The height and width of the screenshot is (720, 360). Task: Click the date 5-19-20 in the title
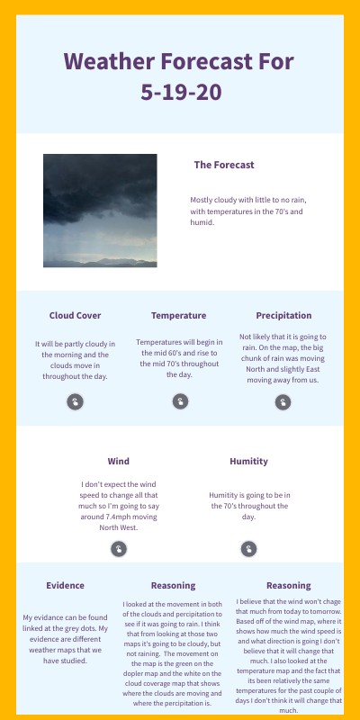click(180, 92)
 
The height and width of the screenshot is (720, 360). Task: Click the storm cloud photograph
click(100, 211)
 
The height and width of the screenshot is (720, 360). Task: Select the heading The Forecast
click(224, 165)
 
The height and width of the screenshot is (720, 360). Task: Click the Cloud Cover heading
click(75, 316)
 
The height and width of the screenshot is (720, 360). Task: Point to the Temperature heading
click(178, 316)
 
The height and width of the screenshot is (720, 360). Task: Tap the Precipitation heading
click(283, 316)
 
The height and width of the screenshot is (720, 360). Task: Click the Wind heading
click(118, 462)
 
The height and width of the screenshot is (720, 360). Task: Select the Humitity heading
click(248, 462)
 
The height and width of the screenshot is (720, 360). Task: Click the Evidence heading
click(65, 586)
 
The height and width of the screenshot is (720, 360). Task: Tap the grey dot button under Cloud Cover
click(75, 402)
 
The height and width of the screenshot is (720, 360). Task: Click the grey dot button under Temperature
click(179, 401)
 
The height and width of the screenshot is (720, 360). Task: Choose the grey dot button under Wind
click(118, 549)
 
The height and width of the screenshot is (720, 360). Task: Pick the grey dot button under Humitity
click(248, 548)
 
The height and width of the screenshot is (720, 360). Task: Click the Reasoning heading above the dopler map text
click(174, 586)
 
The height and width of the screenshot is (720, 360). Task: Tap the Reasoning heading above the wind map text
click(288, 586)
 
